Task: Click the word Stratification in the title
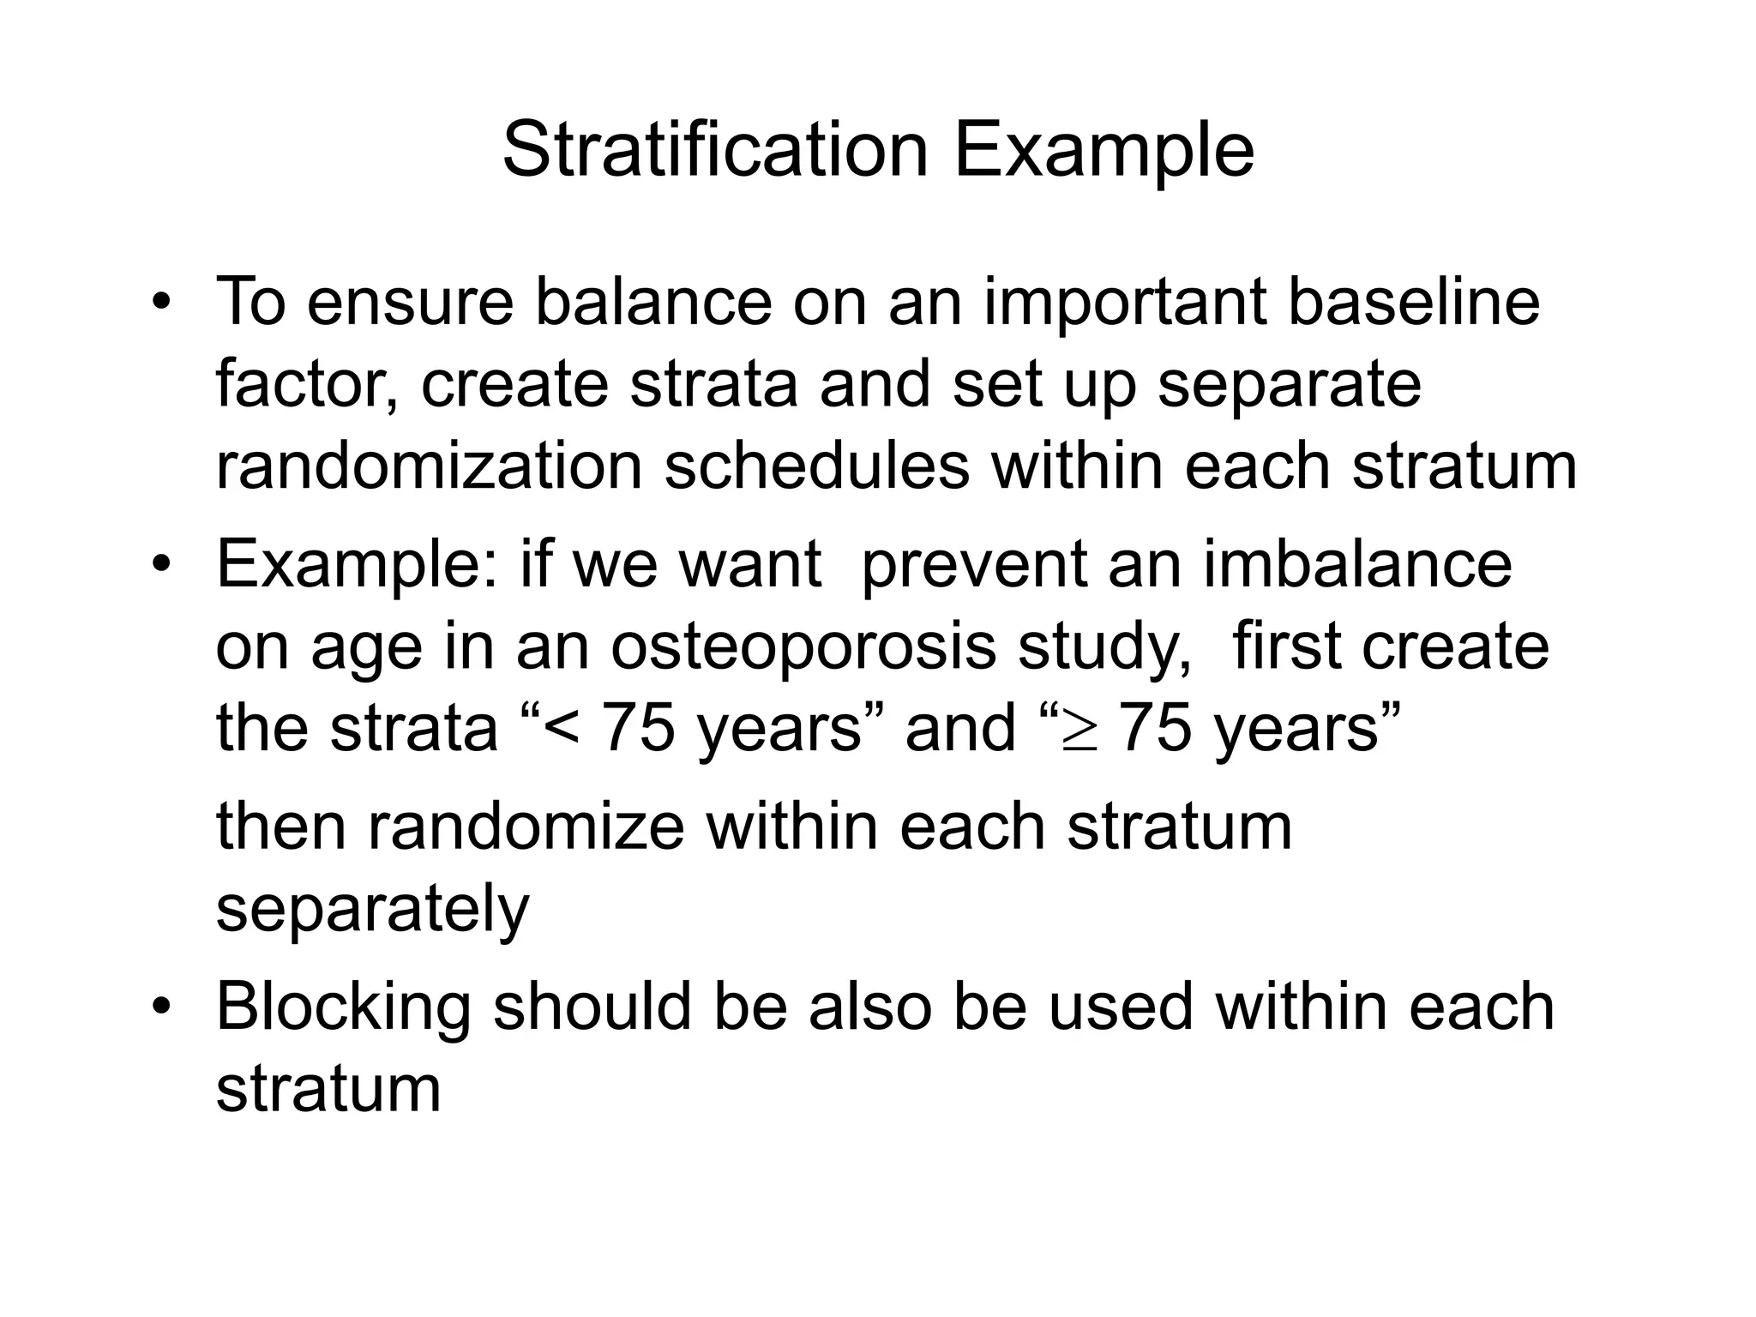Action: [715, 151]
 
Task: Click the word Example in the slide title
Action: [1104, 151]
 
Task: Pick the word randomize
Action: [526, 827]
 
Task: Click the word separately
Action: [373, 909]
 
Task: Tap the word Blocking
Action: [343, 1007]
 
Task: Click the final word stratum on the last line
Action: [328, 1089]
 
